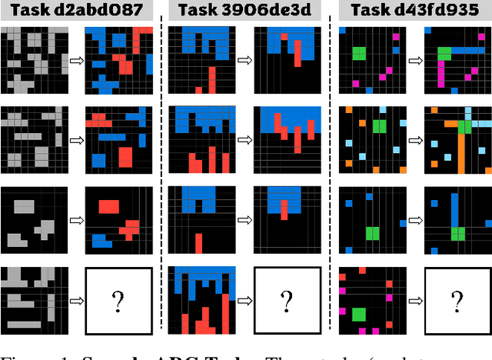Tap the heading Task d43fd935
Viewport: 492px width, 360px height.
tap(411, 11)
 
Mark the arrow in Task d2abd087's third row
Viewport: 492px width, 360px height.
tap(75, 219)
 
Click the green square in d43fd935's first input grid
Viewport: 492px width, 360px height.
tap(358, 54)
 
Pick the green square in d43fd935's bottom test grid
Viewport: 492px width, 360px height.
tap(358, 314)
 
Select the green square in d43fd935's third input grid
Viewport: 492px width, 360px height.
tap(373, 232)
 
